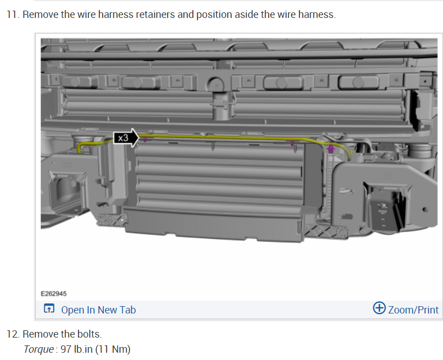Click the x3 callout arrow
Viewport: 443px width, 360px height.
[x=126, y=138]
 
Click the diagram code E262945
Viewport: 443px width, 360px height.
[x=54, y=294]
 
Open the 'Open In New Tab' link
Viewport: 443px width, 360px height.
[x=98, y=310]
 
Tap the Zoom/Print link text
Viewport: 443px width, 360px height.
[x=413, y=310]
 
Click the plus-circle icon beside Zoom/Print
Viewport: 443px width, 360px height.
[x=379, y=308]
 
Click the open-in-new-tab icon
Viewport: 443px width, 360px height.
[x=49, y=308]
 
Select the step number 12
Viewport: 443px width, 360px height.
[x=13, y=334]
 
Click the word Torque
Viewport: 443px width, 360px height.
[x=39, y=349]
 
